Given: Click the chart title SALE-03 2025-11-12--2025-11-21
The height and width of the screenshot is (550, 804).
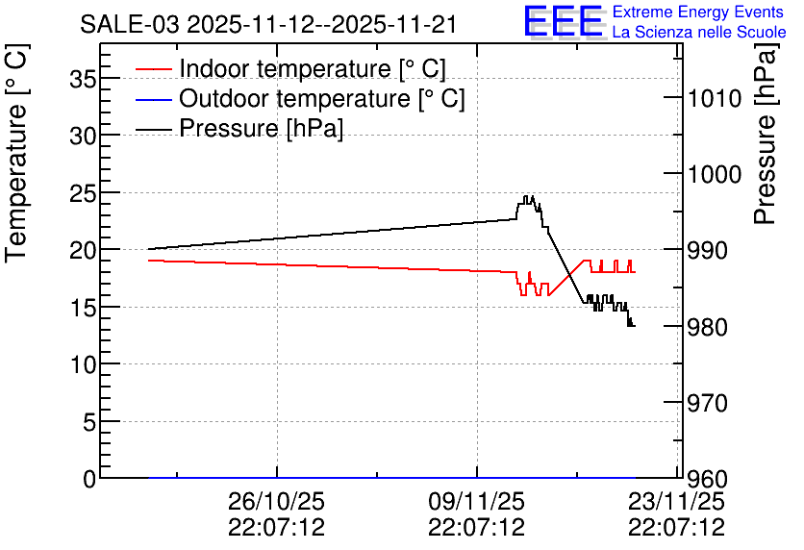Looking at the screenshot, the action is click(268, 25).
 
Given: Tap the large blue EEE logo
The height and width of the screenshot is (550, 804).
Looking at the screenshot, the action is click(564, 21).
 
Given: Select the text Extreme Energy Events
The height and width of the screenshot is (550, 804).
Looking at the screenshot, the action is click(698, 12).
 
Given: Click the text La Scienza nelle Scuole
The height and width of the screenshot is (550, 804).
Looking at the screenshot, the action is click(699, 32).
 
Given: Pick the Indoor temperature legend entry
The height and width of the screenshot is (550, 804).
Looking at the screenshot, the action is click(290, 68).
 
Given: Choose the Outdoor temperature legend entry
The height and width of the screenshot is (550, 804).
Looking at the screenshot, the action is click(300, 98).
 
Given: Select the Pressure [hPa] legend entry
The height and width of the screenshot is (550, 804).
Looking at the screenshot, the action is click(239, 128).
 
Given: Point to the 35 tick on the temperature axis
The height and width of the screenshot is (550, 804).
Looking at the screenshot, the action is click(82, 79).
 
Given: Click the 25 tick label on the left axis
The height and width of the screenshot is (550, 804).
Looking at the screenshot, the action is click(82, 193).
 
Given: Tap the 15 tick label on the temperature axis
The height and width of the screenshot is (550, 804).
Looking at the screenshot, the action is click(82, 308).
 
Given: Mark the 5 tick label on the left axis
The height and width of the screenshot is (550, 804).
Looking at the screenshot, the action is click(89, 422).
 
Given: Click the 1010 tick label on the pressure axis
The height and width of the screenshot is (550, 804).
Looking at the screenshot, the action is click(715, 98).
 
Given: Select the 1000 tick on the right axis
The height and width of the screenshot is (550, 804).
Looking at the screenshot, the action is click(715, 174).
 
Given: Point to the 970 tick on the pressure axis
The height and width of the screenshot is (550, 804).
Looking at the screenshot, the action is click(707, 404).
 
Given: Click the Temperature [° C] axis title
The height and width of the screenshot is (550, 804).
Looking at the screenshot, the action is click(16, 153).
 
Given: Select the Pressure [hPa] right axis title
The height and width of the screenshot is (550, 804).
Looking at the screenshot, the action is click(765, 134).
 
